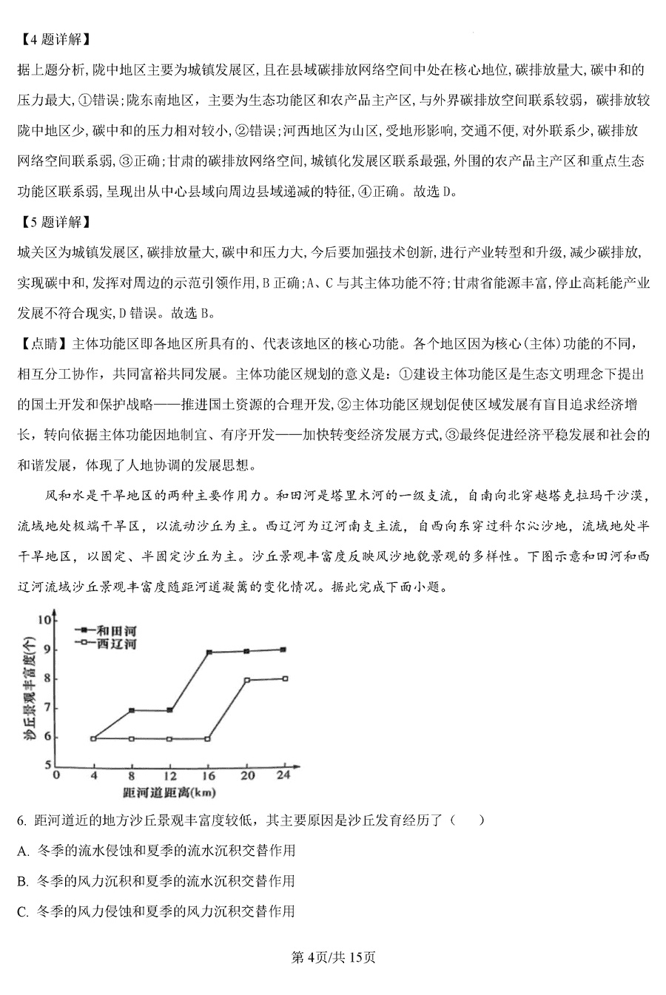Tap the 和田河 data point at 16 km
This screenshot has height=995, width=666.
pyautogui.click(x=209, y=652)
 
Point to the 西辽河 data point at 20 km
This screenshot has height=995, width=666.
pyautogui.click(x=247, y=680)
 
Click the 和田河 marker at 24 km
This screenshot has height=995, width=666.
pyautogui.click(x=285, y=650)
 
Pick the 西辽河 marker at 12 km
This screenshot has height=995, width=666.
pyautogui.click(x=170, y=739)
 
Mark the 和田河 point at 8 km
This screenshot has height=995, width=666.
pyautogui.click(x=132, y=710)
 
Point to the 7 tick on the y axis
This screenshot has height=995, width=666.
pyautogui.click(x=49, y=708)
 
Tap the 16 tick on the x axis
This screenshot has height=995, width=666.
pyautogui.click(x=209, y=775)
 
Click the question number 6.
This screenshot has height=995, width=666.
pyautogui.click(x=21, y=820)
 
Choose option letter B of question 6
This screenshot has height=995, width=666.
pyautogui.click(x=21, y=881)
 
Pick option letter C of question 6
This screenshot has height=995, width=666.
pyautogui.click(x=21, y=911)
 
